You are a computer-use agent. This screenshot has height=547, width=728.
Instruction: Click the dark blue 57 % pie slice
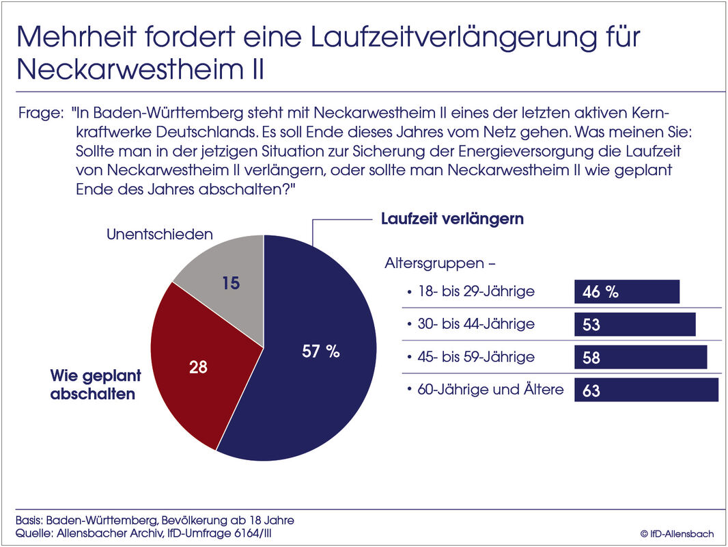321,369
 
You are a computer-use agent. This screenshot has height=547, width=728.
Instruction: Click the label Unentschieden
160,235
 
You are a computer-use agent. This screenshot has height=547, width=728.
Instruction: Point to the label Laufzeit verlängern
452,219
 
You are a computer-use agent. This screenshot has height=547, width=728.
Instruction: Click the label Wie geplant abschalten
96,385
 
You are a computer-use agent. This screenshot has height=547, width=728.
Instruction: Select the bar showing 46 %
627,291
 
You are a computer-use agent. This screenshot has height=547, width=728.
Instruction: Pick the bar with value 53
634,324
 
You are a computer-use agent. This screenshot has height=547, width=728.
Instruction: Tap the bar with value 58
641,357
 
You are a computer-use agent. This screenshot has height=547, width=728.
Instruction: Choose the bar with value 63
646,390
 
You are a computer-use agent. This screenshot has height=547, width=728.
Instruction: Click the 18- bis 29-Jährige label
476,291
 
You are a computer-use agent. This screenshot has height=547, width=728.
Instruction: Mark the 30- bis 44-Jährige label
476,324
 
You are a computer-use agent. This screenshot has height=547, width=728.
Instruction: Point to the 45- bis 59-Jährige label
476,357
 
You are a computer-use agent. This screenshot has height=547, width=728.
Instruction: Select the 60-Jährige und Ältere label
490,390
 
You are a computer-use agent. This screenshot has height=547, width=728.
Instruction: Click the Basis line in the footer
154,520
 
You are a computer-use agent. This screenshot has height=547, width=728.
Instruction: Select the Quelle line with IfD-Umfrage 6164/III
148,533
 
